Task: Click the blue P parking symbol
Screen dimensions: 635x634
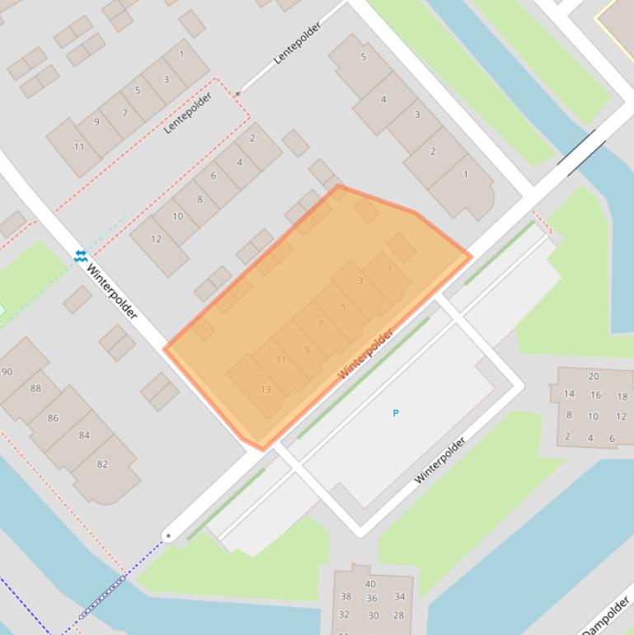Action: pyautogui.click(x=396, y=413)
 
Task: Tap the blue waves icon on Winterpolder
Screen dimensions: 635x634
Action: pyautogui.click(x=80, y=256)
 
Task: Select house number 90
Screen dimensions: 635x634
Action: pyautogui.click(x=7, y=372)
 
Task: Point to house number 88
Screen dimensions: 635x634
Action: pyautogui.click(x=35, y=388)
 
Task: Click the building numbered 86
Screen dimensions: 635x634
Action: pyautogui.click(x=53, y=418)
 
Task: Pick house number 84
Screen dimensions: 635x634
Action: pyautogui.click(x=84, y=435)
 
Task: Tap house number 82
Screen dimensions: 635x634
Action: pyautogui.click(x=102, y=464)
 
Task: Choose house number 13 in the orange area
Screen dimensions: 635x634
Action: pyautogui.click(x=265, y=390)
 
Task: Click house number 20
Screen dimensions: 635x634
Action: pyautogui.click(x=594, y=376)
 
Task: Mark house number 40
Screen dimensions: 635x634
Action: pyautogui.click(x=370, y=584)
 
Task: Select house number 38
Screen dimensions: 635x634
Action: pyautogui.click(x=345, y=596)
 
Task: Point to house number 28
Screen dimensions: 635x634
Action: pyautogui.click(x=399, y=615)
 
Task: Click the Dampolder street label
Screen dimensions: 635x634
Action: pyautogui.click(x=606, y=616)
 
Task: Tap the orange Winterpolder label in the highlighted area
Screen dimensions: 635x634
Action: pyautogui.click(x=365, y=354)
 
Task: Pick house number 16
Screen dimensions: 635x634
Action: pyautogui.click(x=595, y=395)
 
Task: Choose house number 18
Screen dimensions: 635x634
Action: pyautogui.click(x=622, y=397)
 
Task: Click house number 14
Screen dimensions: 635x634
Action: pyautogui.click(x=569, y=393)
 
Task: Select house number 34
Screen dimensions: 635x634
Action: pyautogui.click(x=399, y=596)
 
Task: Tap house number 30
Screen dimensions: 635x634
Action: pyautogui.click(x=373, y=615)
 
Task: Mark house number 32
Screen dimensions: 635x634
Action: pyautogui.click(x=344, y=614)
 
